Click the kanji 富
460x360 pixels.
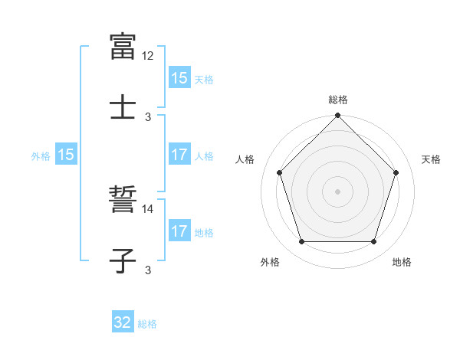[x=123, y=46]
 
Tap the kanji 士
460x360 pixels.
[x=123, y=106]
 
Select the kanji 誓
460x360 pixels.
[x=123, y=201]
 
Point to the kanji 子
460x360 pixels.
[x=123, y=260]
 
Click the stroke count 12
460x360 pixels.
[x=148, y=56]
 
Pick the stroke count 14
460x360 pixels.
[x=148, y=208]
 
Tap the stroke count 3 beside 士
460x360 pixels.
[x=148, y=117]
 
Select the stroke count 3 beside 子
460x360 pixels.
[x=148, y=269]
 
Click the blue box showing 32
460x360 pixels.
[x=123, y=322]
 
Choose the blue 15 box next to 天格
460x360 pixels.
[x=179, y=77]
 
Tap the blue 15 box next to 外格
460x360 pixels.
[x=66, y=155]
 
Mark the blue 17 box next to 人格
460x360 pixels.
[x=179, y=155]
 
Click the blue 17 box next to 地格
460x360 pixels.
[x=179, y=231]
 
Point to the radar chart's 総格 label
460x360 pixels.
[x=337, y=100]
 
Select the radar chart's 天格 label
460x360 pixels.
[x=431, y=159]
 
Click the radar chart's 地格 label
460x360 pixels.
[x=401, y=262]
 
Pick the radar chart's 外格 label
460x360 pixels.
[x=270, y=262]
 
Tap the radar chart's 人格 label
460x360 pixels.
[x=245, y=159]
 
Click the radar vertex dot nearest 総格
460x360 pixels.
[x=337, y=116]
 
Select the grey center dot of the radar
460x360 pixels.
[x=337, y=191]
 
